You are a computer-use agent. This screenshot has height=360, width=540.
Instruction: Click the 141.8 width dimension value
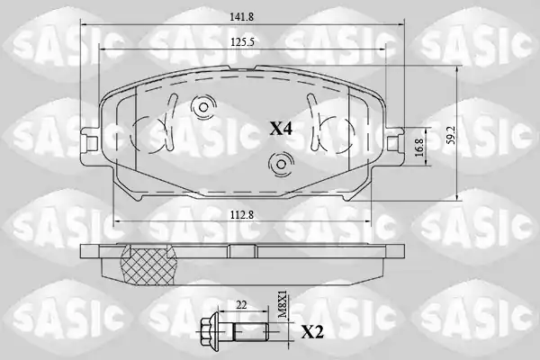click(242, 17)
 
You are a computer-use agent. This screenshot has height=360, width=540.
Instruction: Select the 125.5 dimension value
click(242, 42)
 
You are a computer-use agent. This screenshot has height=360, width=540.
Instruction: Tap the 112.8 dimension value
click(242, 215)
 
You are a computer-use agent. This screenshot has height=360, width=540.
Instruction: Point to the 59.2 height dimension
click(452, 134)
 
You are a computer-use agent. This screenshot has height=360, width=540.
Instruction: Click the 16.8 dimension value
click(418, 148)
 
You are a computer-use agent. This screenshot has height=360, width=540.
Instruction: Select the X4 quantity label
click(281, 130)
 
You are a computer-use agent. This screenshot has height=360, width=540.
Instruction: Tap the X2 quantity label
click(312, 332)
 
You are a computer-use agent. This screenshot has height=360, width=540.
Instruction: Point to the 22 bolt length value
click(242, 305)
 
